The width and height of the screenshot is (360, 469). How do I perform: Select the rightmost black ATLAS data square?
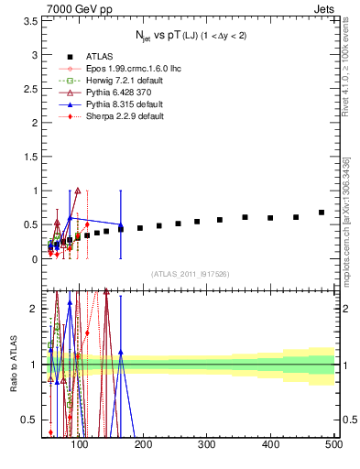point(322,213)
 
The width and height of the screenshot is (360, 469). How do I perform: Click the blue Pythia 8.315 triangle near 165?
point(120,225)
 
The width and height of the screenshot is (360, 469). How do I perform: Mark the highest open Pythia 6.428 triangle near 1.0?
point(78,191)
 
